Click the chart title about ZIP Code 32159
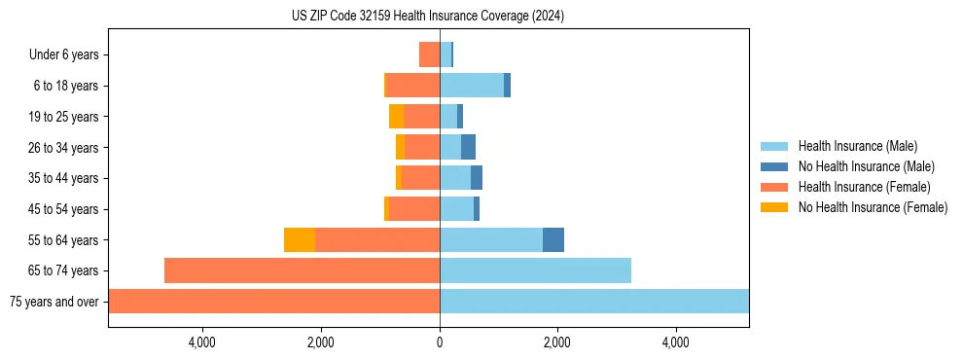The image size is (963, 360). pyautogui.click(x=427, y=17)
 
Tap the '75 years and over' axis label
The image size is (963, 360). pyautogui.click(x=53, y=302)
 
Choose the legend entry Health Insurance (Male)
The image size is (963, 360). pyautogui.click(x=857, y=146)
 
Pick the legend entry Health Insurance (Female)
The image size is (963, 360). pyautogui.click(x=864, y=187)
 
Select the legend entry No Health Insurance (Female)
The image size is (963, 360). pyautogui.click(x=873, y=207)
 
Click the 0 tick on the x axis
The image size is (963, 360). pyautogui.click(x=440, y=342)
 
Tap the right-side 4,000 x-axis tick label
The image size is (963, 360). pyautogui.click(x=676, y=342)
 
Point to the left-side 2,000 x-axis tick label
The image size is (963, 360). pyautogui.click(x=321, y=342)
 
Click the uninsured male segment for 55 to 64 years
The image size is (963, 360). pyautogui.click(x=553, y=240)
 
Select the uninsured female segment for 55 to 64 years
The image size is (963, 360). pyautogui.click(x=300, y=240)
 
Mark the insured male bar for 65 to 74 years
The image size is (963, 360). pyautogui.click(x=535, y=270)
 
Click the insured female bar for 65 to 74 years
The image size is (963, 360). pyautogui.click(x=302, y=270)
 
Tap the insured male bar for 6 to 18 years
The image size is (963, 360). pyautogui.click(x=472, y=86)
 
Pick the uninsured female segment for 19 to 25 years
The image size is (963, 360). pyautogui.click(x=396, y=117)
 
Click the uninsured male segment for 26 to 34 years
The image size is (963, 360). pyautogui.click(x=468, y=148)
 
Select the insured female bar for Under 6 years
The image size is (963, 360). pyautogui.click(x=429, y=55)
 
